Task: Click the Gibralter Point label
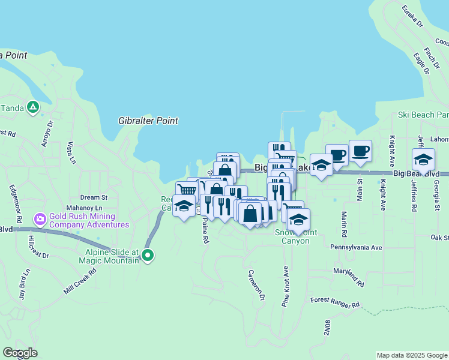tap(148, 121)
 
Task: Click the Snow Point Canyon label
tap(292, 236)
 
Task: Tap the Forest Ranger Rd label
tap(334, 302)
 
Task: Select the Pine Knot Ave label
tap(286, 286)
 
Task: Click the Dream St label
tap(94, 197)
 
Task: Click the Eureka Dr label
tap(412, 19)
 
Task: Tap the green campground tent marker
tap(33, 108)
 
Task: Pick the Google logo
tap(20, 353)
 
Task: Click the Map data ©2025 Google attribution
tap(411, 355)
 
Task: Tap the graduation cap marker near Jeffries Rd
tap(423, 160)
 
